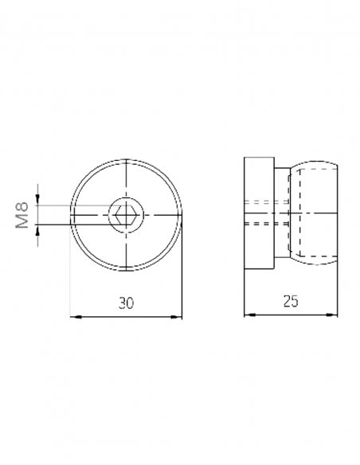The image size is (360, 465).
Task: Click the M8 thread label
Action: [22, 215]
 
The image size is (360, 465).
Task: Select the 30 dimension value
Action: [126, 303]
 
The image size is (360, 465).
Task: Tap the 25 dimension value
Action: [291, 301]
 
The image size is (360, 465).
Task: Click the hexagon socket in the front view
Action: [126, 214]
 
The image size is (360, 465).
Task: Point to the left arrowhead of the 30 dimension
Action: [76, 317]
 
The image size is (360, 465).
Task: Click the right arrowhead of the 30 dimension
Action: [177, 317]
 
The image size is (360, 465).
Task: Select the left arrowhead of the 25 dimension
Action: [249, 315]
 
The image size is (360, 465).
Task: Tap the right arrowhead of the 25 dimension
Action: [332, 315]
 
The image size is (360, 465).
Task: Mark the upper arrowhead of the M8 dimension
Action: [37, 200]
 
